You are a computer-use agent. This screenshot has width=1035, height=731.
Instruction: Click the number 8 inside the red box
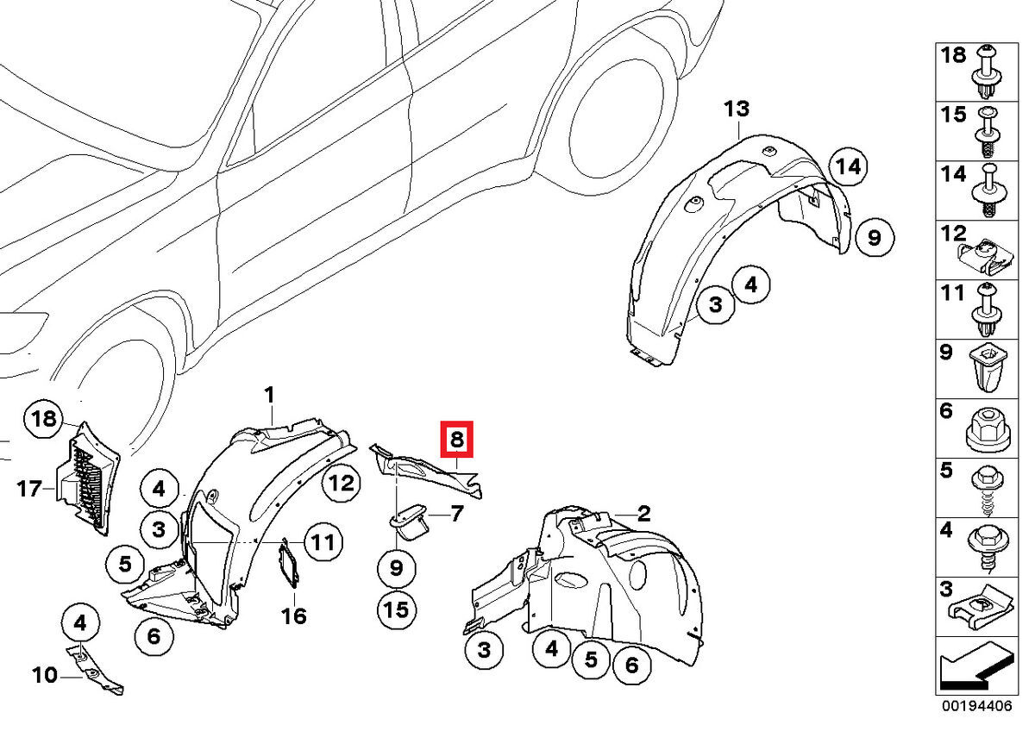pos(456,440)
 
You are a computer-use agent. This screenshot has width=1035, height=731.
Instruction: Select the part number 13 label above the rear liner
pos(737,109)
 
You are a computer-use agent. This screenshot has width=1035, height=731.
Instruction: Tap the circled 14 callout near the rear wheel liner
pos(850,167)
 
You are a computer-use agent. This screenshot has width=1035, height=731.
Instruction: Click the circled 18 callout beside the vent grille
pos(43,420)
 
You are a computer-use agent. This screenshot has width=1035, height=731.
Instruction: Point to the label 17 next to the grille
pos(29,490)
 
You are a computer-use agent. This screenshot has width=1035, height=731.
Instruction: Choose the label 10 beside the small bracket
pos(45,676)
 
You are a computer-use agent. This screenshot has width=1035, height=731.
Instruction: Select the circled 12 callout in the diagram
pos(342,484)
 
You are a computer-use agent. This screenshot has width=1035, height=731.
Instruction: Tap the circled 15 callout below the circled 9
pos(396,609)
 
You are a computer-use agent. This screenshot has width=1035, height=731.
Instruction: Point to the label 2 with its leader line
pos(643,515)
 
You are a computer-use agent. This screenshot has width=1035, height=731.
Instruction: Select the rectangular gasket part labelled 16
pos(289,565)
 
